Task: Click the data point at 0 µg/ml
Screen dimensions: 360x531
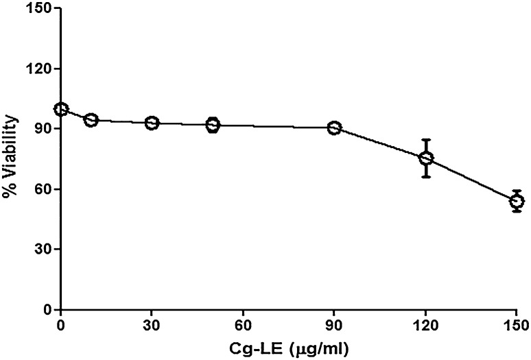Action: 61,110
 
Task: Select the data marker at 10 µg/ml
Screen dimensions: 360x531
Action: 91,120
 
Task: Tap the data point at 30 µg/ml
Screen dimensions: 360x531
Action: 152,123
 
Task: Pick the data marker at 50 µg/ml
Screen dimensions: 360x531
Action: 213,125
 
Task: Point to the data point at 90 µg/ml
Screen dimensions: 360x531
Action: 334,128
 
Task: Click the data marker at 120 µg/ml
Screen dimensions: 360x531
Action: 426,158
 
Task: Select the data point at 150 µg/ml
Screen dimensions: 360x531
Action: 517,201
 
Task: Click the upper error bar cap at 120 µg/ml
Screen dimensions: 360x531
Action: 426,140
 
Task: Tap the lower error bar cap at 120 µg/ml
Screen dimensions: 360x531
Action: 426,177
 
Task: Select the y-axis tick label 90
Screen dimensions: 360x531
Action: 40,129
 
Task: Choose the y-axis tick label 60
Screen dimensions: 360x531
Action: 40,189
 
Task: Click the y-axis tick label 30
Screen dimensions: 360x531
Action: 40,249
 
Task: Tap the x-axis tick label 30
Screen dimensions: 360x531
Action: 152,324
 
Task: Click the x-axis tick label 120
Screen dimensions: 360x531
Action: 425,324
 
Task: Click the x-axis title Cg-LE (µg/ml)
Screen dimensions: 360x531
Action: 289,348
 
